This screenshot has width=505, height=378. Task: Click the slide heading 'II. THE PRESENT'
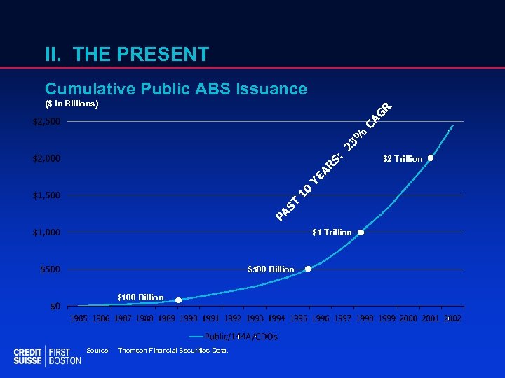click(126, 54)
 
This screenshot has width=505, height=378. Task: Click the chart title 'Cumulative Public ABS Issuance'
click(175, 89)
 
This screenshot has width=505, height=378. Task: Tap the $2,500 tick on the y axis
click(46, 122)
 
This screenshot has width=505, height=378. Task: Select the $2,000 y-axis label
click(46, 158)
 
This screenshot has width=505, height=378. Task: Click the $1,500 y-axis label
click(46, 195)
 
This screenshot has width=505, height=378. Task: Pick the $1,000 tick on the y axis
click(46, 232)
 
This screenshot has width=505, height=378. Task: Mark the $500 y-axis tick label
click(50, 269)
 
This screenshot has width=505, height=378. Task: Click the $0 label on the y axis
click(54, 306)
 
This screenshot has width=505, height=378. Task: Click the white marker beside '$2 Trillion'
click(431, 158)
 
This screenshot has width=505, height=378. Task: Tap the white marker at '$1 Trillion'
click(361, 232)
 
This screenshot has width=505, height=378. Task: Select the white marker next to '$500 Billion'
click(308, 269)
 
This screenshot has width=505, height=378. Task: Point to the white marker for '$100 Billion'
click(178, 300)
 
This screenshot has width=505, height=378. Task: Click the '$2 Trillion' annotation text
click(403, 159)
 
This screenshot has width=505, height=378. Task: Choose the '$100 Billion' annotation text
click(140, 297)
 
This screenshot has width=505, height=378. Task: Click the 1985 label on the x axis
click(78, 319)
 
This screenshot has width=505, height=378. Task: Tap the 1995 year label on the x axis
click(298, 319)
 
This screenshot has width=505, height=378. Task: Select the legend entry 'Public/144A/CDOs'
click(241, 337)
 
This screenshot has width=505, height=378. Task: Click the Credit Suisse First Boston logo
click(47, 356)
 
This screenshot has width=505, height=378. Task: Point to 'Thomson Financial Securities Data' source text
click(173, 350)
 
